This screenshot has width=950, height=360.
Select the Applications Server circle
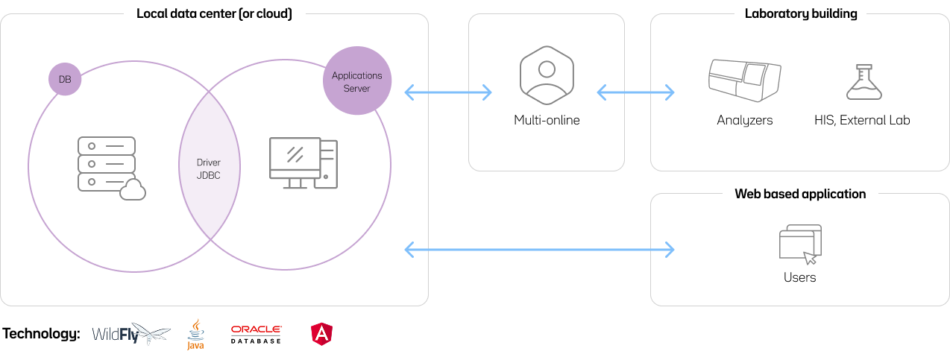[x=357, y=81]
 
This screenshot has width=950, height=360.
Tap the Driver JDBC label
[x=209, y=168]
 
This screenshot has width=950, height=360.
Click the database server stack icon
[x=107, y=165]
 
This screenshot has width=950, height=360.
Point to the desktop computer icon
[x=303, y=163]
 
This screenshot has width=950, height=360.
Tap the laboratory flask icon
[x=864, y=81]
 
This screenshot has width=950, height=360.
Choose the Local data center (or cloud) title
[x=214, y=14]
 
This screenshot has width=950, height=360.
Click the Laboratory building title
[x=800, y=14]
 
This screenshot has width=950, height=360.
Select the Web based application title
[x=800, y=194]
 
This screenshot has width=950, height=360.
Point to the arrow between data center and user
[x=448, y=92]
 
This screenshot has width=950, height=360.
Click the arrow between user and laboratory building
[x=635, y=92]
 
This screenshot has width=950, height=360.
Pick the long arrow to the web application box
[x=538, y=249]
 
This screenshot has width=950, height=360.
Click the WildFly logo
[x=130, y=334]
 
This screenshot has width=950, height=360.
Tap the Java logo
[x=195, y=335]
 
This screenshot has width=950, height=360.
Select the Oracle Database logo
[x=256, y=334]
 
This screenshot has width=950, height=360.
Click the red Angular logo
[x=321, y=334]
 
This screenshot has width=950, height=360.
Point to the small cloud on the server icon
[x=132, y=191]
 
